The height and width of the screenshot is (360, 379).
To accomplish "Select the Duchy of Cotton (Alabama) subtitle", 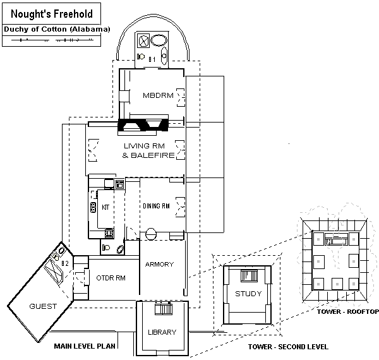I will pyautogui.click(x=57, y=29).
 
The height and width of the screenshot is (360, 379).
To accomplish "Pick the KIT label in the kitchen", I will pyautogui.click(x=106, y=207).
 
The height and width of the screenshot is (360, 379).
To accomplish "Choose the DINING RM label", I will pyautogui.click(x=156, y=206).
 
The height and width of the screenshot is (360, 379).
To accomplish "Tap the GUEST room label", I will pyautogui.click(x=42, y=306).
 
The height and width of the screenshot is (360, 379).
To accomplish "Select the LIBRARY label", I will pyautogui.click(x=162, y=332).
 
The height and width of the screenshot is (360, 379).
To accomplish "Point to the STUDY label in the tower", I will pyautogui.click(x=248, y=294).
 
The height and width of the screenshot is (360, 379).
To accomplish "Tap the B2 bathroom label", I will pyautogui.click(x=65, y=263).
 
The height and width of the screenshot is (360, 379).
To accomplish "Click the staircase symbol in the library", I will pyautogui.click(x=163, y=309).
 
